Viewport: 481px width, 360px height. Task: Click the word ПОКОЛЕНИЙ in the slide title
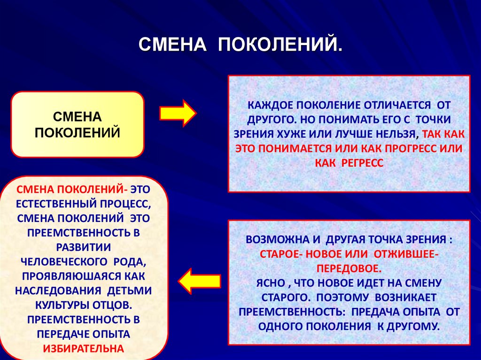279,45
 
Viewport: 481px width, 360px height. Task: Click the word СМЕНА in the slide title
172,45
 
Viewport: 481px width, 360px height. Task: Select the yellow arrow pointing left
199,281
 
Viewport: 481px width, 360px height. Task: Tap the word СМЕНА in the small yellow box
78,115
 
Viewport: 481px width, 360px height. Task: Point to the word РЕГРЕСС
360,162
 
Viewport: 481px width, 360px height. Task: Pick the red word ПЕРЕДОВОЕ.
349,269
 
